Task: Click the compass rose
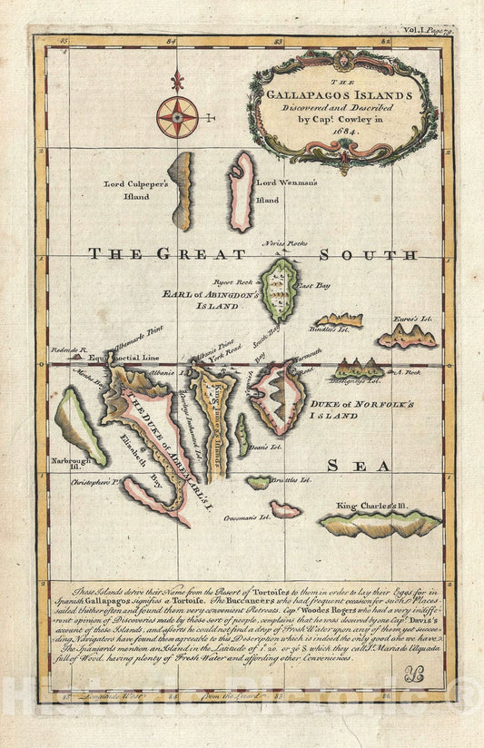[177, 116]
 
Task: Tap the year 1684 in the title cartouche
[340, 128]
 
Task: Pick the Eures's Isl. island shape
[406, 338]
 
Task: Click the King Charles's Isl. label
[376, 505]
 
